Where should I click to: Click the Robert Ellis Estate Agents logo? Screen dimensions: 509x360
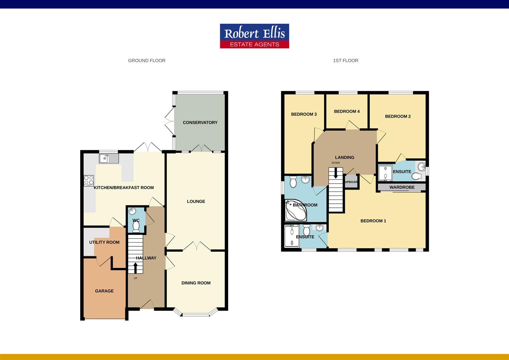[254, 36]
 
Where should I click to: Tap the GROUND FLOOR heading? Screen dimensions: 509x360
[147, 60]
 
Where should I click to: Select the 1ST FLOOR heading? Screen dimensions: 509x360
[345, 60]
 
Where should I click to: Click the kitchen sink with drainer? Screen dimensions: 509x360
[109, 159]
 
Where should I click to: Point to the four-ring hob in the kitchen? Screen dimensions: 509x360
[89, 180]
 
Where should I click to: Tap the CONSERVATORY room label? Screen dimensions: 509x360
[200, 123]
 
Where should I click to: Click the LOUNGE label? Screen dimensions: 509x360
[196, 201]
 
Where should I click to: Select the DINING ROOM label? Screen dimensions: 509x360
[196, 283]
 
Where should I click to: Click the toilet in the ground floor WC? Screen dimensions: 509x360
[136, 227]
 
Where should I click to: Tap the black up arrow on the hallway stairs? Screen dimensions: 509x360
[135, 268]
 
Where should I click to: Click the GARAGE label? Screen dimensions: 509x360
[104, 291]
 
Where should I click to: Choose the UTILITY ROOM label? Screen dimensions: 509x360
[104, 242]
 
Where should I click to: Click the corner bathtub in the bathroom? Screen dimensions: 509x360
[295, 210]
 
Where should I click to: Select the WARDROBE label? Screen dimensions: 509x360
[402, 187]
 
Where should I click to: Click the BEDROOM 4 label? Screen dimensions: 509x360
[347, 111]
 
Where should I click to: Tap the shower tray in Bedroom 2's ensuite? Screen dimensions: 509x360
[385, 173]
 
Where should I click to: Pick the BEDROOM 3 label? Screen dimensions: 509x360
[304, 114]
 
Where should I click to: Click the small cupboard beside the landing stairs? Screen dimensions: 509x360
[351, 181]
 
